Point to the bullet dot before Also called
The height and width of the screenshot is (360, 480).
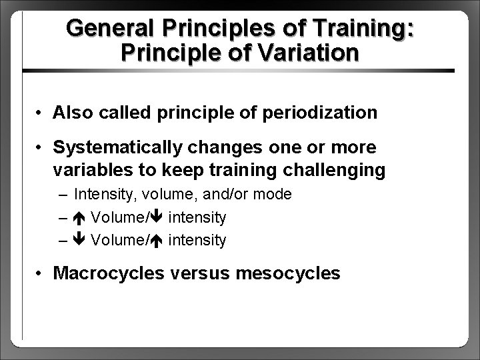pos(41,113)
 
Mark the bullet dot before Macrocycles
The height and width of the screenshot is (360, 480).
pos(41,273)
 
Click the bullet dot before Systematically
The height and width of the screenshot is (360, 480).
pos(41,147)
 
